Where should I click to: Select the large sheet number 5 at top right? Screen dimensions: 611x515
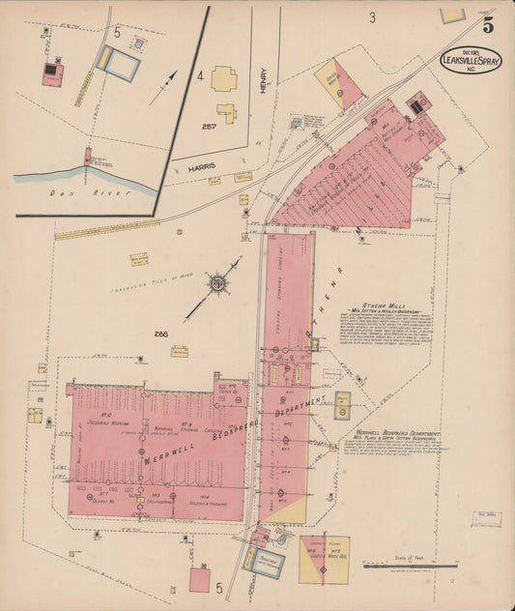pos(488,26)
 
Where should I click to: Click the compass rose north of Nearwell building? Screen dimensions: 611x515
pos(218,282)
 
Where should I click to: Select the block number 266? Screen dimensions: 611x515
pos(160,335)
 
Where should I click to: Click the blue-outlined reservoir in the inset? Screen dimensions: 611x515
pos(121,63)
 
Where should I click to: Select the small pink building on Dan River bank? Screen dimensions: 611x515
pos(88,155)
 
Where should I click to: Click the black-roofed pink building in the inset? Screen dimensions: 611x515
pos(53,73)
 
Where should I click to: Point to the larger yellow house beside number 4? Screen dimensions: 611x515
pos(224,79)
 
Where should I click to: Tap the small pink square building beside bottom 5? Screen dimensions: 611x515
pos(200,579)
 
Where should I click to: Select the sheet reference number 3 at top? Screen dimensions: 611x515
pos(371,17)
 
